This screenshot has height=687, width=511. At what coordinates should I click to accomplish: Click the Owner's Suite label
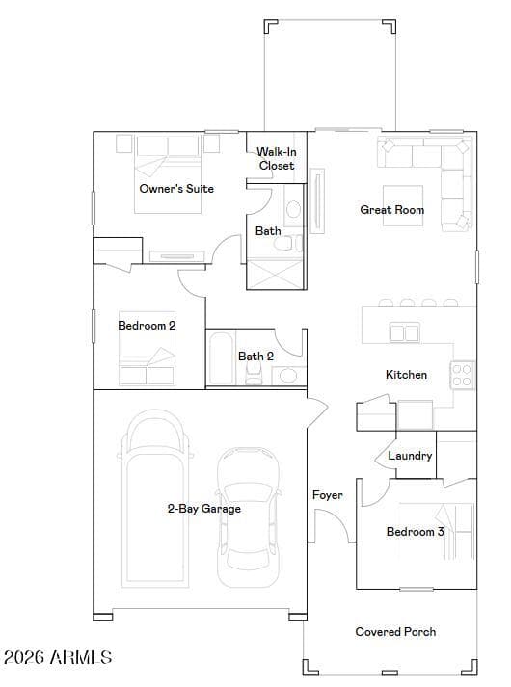click(176, 189)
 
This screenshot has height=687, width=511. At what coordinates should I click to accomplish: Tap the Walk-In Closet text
click(277, 159)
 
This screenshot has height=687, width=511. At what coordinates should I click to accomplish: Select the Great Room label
click(392, 210)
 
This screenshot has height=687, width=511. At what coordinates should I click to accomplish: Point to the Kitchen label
click(406, 375)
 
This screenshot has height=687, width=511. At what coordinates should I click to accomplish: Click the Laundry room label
click(410, 456)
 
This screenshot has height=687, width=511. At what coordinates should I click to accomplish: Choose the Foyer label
click(328, 495)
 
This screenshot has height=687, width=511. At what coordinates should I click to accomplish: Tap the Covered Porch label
click(395, 632)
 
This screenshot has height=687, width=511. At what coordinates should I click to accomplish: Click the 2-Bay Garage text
click(204, 509)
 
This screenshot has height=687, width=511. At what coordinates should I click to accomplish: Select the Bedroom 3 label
click(415, 532)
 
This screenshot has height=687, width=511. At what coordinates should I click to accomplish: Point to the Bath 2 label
click(255, 357)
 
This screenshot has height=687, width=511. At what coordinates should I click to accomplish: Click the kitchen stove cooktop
click(462, 376)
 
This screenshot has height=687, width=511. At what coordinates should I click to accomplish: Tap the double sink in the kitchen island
click(404, 333)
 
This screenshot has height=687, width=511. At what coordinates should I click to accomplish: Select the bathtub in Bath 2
click(221, 358)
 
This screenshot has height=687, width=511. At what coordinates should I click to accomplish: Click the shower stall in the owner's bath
click(275, 275)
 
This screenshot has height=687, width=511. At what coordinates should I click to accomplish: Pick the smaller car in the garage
click(249, 517)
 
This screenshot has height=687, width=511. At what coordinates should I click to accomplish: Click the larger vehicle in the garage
click(154, 497)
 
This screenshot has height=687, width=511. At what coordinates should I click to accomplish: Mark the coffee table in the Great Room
click(403, 206)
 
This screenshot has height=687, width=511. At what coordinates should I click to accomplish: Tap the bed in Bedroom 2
click(147, 349)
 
